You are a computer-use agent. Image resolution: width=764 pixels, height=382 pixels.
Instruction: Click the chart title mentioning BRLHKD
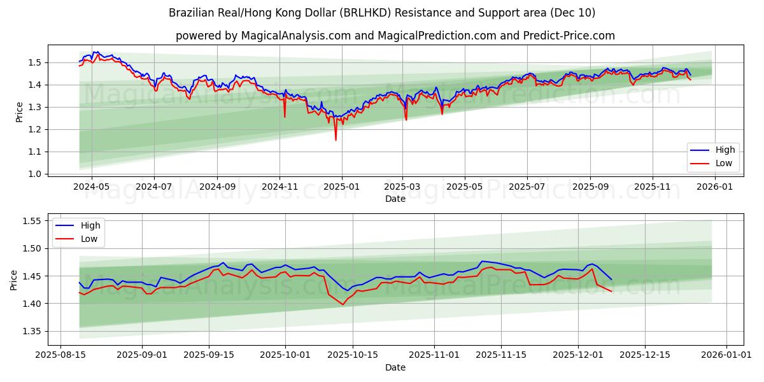click(382, 13)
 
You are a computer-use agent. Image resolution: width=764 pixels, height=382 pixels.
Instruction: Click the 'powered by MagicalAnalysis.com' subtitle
click(395, 36)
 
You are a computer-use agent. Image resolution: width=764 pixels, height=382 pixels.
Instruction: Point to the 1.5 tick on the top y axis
click(35, 62)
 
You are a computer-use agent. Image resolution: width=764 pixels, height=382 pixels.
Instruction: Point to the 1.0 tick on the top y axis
click(35, 174)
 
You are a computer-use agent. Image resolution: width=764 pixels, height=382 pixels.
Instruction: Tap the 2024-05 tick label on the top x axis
click(92, 187)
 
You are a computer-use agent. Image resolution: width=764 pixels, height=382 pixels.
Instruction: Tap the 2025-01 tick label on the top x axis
click(342, 187)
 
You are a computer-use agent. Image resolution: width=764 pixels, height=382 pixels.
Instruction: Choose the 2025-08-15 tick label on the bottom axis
click(60, 355)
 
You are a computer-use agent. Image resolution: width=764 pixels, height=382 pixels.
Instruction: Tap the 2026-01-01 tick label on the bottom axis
click(726, 355)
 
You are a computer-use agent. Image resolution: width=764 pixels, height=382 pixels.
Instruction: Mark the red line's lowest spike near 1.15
click(336, 139)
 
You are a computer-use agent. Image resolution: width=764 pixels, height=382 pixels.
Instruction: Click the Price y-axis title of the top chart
click(19, 112)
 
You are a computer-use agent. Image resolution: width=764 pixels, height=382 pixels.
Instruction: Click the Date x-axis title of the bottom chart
click(395, 367)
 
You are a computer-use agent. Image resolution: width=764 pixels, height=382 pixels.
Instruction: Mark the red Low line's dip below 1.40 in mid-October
click(343, 304)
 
